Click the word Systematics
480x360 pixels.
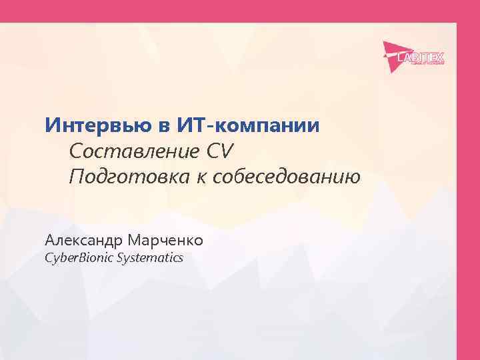tap(149, 257)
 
